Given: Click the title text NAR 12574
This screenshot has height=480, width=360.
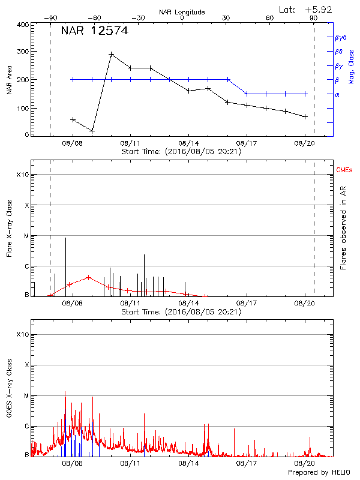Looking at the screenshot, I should (x=94, y=31).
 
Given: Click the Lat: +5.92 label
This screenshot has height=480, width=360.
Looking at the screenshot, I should (x=306, y=9).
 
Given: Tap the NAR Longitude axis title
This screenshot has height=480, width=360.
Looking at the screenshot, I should (x=182, y=12).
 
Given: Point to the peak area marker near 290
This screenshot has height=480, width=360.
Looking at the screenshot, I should (x=112, y=54).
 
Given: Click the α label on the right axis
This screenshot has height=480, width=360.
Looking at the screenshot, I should (x=337, y=94).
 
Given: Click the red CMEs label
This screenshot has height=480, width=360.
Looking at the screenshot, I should (x=344, y=171).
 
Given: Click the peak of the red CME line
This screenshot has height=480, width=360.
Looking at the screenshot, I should (x=88, y=277).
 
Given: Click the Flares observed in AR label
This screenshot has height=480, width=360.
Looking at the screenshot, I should (x=343, y=229).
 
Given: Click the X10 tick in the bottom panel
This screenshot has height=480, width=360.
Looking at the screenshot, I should (x=22, y=334).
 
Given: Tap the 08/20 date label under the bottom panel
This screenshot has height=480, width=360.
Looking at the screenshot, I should (x=305, y=464).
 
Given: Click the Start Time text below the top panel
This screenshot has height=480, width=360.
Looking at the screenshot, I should (x=181, y=152).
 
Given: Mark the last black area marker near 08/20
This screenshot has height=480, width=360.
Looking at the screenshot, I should (x=305, y=116).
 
